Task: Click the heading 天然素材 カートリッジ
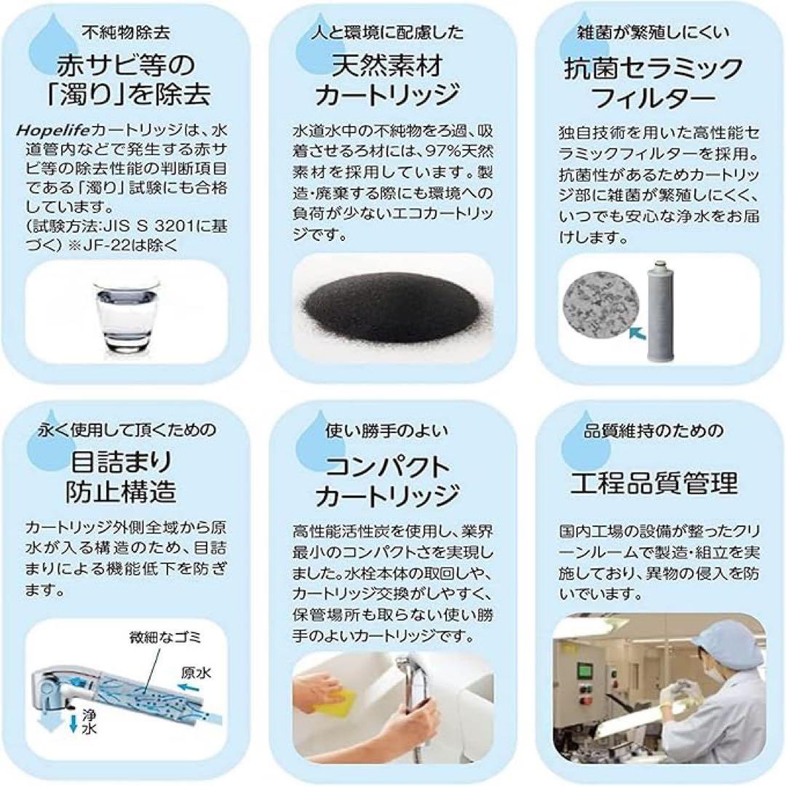(393, 82)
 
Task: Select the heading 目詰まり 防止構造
(123, 477)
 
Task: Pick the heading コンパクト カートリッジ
(393, 480)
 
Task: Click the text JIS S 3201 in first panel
(145, 226)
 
